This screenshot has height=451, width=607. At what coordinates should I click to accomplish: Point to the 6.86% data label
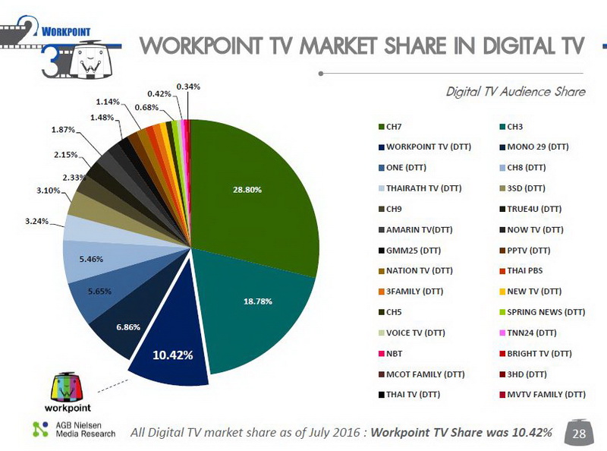click(128, 326)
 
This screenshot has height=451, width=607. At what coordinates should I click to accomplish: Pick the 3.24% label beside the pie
click(38, 222)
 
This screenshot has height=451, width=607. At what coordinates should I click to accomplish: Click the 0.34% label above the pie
click(188, 87)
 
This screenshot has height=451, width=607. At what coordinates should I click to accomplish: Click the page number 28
click(579, 434)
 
